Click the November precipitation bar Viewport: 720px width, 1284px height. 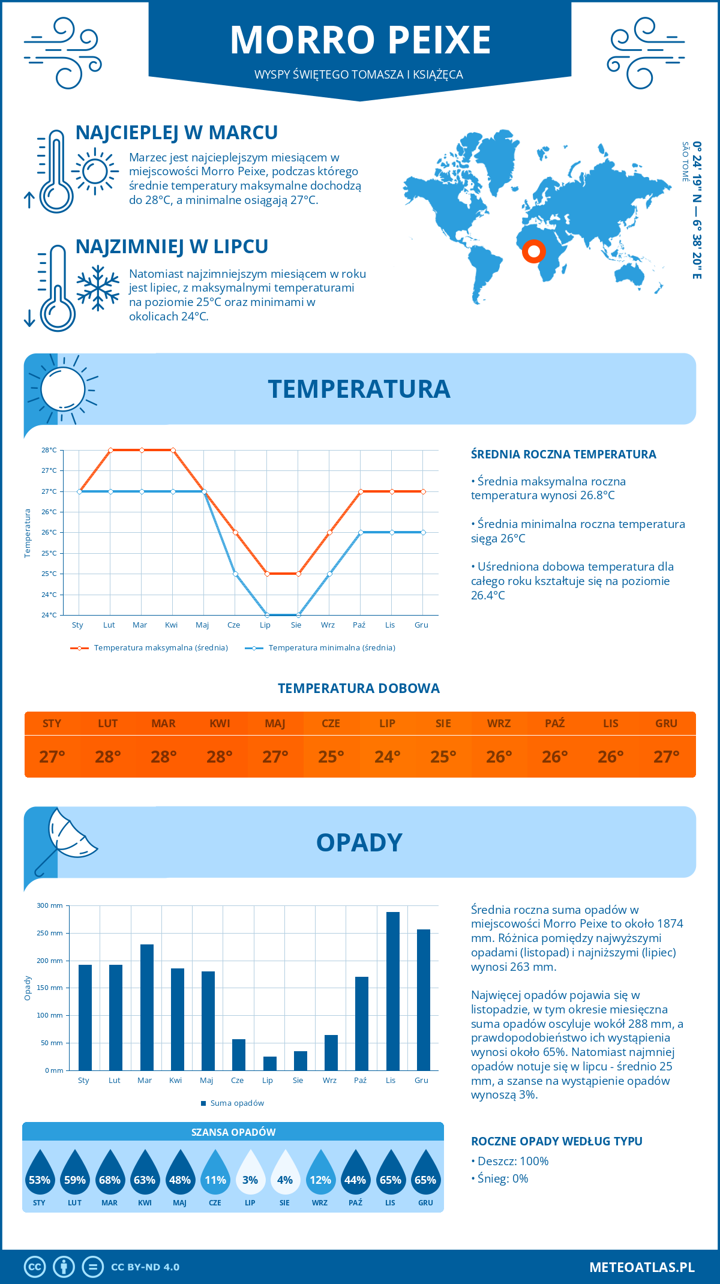[392, 991]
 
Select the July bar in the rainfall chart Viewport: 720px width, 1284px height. [269, 1063]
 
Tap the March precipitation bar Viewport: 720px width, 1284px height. [146, 1007]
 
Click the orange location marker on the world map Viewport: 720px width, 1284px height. [533, 251]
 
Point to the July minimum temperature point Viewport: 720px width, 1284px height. [267, 615]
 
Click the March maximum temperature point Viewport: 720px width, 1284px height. [142, 450]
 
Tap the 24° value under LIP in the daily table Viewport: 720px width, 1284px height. [387, 757]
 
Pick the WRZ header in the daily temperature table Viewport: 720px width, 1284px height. [499, 724]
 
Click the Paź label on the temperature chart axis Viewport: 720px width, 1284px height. [359, 625]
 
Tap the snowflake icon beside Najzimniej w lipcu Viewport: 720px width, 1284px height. [98, 288]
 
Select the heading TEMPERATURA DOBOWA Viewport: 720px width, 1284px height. [359, 689]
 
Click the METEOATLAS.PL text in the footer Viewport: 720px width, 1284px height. [641, 1267]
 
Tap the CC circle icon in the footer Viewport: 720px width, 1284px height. [35, 1267]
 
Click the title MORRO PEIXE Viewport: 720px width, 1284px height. [360, 40]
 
